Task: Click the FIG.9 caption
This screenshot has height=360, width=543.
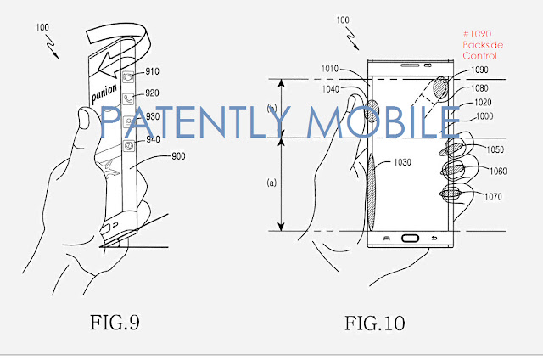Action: click(x=115, y=323)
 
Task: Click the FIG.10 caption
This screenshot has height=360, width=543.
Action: click(x=375, y=323)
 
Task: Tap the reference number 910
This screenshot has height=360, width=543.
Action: click(x=152, y=71)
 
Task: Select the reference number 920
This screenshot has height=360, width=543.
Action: click(x=152, y=93)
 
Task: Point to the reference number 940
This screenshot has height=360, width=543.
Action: click(x=153, y=139)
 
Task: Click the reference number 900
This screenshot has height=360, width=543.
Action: click(x=178, y=156)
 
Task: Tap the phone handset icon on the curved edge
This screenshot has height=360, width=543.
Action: click(x=128, y=99)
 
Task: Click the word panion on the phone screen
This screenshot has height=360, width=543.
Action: click(x=104, y=93)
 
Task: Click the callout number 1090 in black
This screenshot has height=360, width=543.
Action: click(x=479, y=70)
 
